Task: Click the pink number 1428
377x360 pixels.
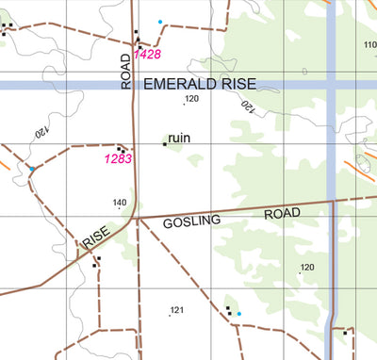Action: (x=148, y=55)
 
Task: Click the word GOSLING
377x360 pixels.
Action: (x=191, y=221)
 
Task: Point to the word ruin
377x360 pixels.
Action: (x=179, y=138)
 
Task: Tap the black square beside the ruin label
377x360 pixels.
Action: (x=165, y=143)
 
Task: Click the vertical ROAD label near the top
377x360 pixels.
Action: (x=125, y=72)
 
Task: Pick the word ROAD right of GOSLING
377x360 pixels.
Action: (x=281, y=214)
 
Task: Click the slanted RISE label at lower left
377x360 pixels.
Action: (x=97, y=237)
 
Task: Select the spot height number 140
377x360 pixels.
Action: (x=120, y=203)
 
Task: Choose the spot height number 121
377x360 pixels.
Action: (x=175, y=310)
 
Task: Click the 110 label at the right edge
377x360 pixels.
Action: (x=369, y=44)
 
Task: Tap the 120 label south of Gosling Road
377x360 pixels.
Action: (x=306, y=268)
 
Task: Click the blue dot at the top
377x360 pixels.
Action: (x=160, y=22)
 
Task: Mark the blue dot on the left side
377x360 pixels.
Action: (x=32, y=170)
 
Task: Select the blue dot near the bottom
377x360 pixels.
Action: (x=238, y=314)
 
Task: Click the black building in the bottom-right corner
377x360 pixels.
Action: (x=345, y=332)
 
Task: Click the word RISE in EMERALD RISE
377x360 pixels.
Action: (x=247, y=84)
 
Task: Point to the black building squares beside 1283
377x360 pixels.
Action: (x=122, y=149)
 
